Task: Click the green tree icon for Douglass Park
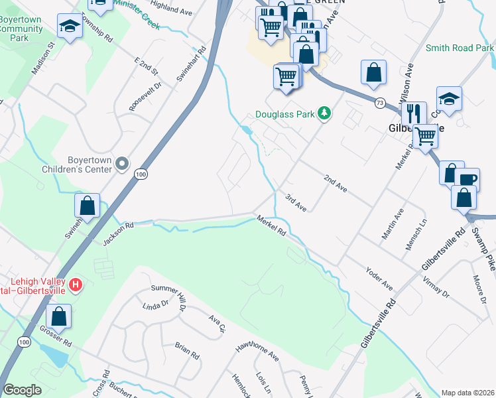coord(324,113)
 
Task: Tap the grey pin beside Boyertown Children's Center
coord(121,163)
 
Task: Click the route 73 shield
coord(379,103)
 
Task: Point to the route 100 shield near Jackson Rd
coord(139,174)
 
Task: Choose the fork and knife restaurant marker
coord(414,113)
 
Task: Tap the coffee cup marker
coord(467,180)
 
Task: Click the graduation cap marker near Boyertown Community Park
coord(69,27)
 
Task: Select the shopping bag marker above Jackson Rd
coord(87,206)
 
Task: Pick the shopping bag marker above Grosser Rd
coord(59,316)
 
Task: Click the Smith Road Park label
coord(459,48)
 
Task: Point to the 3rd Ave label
coord(295,203)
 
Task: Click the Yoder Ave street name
coord(379,279)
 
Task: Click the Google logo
coord(22,390)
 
